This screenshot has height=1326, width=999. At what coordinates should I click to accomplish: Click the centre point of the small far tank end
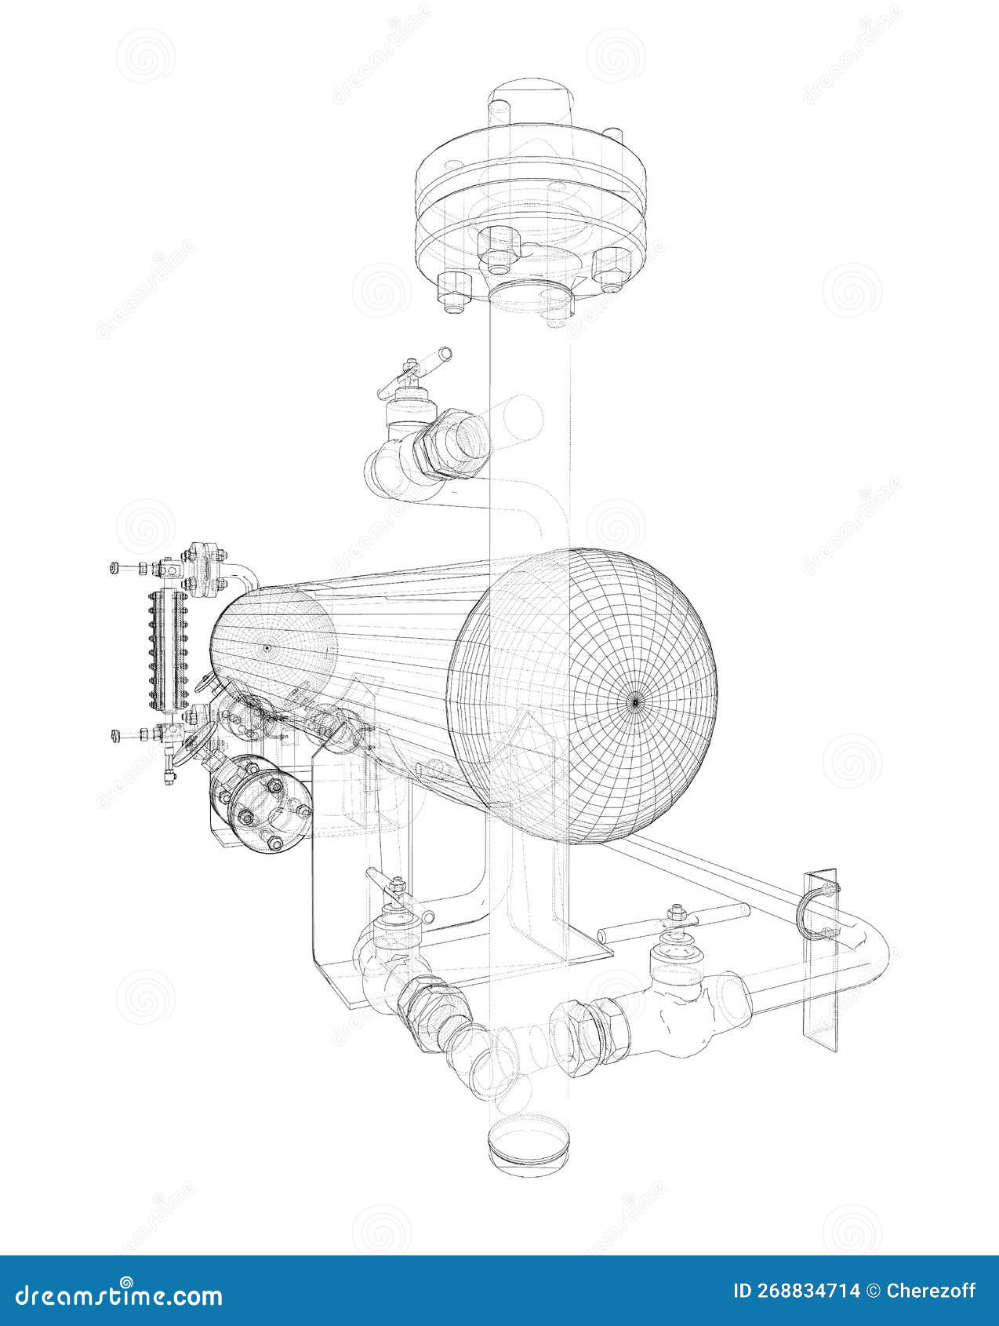pos(267,647)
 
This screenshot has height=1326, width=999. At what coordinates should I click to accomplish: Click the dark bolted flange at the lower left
pos(259,804)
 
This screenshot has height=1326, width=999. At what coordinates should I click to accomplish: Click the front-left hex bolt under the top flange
pos(453,290)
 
